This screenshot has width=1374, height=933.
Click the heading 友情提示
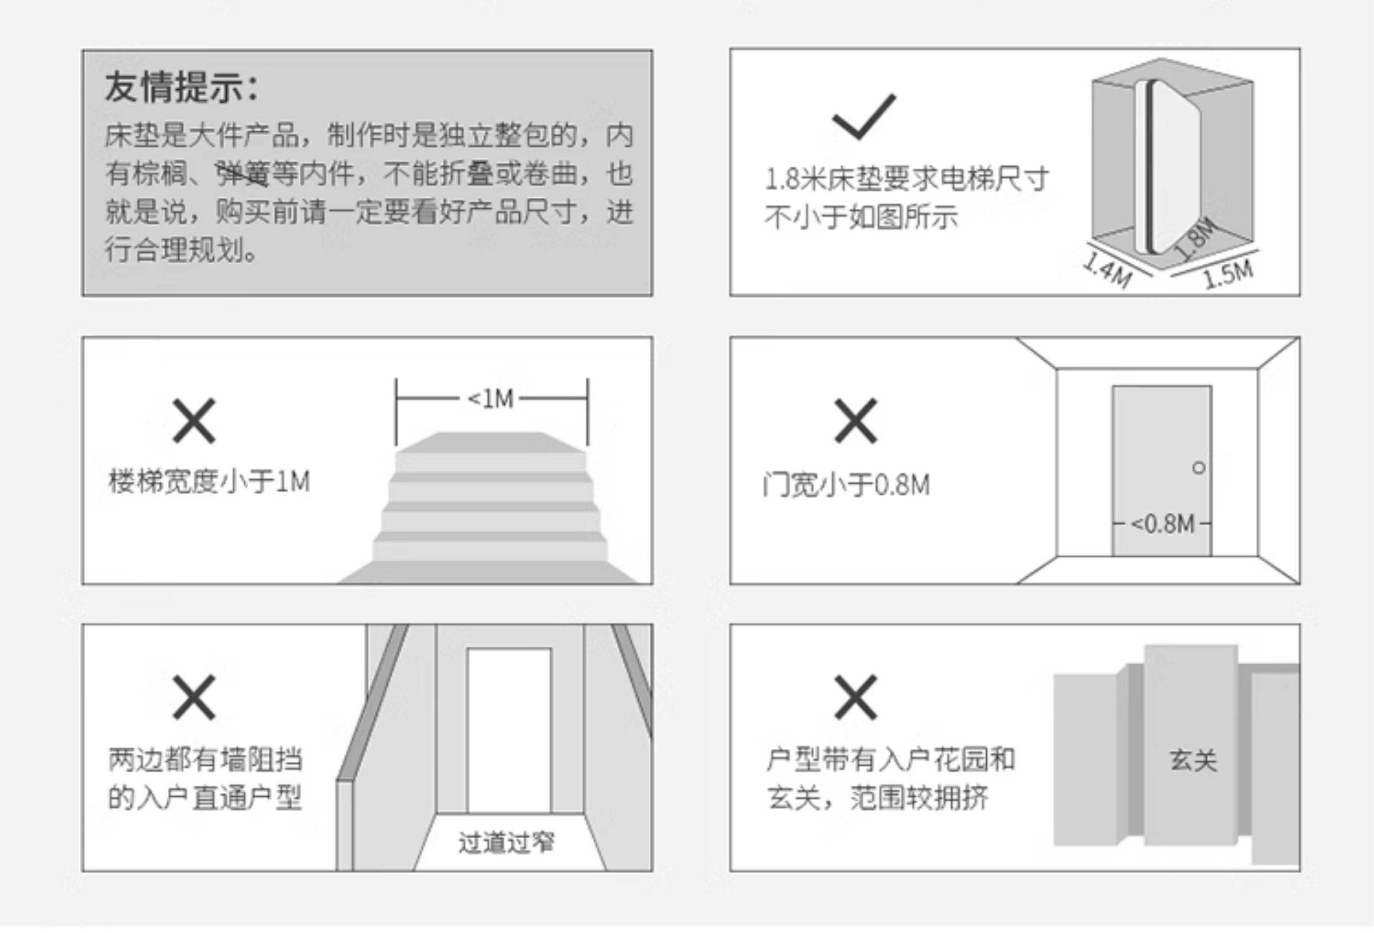coord(182,88)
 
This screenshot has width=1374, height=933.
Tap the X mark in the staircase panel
coord(194,421)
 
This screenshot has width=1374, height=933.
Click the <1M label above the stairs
coord(491,399)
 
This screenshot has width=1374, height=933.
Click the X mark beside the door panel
coord(855,421)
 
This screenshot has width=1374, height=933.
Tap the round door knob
coord(1199,468)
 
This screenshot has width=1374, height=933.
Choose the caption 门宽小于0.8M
coord(847,485)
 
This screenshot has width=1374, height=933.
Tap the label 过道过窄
coord(507,842)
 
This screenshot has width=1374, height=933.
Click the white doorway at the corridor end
coord(509,730)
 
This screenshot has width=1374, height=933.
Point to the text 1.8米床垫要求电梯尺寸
coord(907,179)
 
